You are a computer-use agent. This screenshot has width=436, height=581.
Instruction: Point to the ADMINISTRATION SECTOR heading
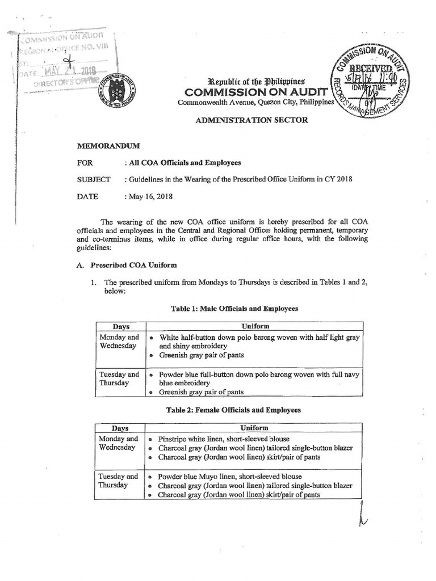(251, 120)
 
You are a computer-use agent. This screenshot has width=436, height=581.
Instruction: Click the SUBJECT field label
(94, 179)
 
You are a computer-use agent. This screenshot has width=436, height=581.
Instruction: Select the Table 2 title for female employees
(236, 410)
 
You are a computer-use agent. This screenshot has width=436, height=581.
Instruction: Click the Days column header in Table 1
(121, 327)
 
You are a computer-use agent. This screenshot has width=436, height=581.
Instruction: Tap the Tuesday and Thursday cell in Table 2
(118, 481)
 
